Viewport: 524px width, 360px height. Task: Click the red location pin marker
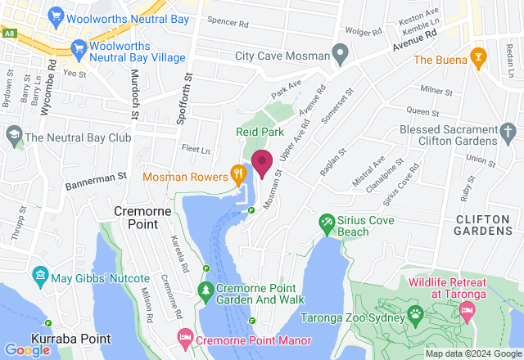pyautogui.click(x=262, y=163)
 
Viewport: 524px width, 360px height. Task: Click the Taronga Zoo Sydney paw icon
pyautogui.click(x=416, y=313)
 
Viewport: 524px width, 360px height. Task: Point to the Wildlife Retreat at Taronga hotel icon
pyautogui.click(x=468, y=311)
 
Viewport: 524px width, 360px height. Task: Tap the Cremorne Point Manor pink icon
pyautogui.click(x=186, y=337)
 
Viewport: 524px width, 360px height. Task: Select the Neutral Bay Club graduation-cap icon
pyautogui.click(x=14, y=134)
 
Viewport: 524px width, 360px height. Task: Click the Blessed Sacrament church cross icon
pyautogui.click(x=507, y=130)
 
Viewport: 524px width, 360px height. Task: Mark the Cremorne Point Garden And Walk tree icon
pyautogui.click(x=206, y=290)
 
